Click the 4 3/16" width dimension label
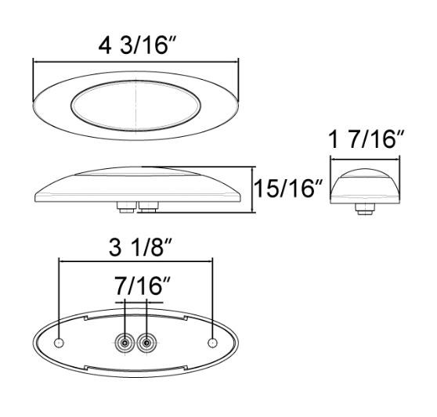tap(136, 45)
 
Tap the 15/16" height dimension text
tap(286, 189)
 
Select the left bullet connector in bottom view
tap(123, 342)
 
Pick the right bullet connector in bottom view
tap(146, 342)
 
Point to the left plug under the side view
tap(123, 207)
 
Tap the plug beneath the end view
tap(365, 208)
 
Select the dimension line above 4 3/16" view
tap(136, 61)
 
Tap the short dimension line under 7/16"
tap(139, 300)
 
